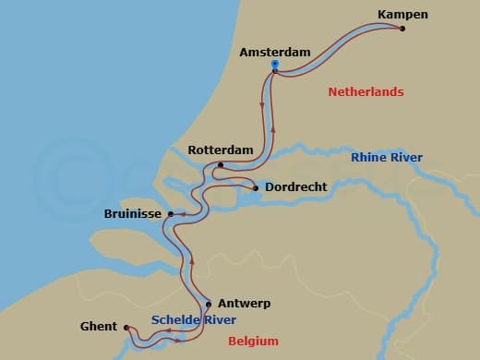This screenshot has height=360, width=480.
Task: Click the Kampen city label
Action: click(x=404, y=14)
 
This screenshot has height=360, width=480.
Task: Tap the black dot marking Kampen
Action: click(x=402, y=28)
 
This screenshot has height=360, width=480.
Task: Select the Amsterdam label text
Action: click(x=275, y=53)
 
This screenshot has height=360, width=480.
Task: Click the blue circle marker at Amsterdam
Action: click(x=275, y=64)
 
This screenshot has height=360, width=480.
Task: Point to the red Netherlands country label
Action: click(x=366, y=92)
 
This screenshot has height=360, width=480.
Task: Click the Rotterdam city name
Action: click(x=221, y=150)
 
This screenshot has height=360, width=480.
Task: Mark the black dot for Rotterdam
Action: click(x=221, y=165)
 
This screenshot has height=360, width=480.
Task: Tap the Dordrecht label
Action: click(x=295, y=187)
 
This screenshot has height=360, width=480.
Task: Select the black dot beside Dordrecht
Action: click(x=256, y=188)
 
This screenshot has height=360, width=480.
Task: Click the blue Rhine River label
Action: click(x=387, y=158)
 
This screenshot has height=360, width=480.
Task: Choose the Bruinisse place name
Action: click(x=134, y=214)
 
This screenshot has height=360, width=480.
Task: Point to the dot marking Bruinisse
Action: click(x=171, y=214)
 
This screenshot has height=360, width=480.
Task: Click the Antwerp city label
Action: click(x=243, y=303)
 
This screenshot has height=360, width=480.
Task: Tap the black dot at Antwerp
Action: click(x=209, y=304)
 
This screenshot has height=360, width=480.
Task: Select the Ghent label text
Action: click(x=99, y=326)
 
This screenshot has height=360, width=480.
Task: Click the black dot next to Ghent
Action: click(x=126, y=327)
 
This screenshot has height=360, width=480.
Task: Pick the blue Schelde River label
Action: click(x=194, y=320)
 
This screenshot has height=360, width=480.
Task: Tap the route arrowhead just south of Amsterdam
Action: click(x=262, y=104)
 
